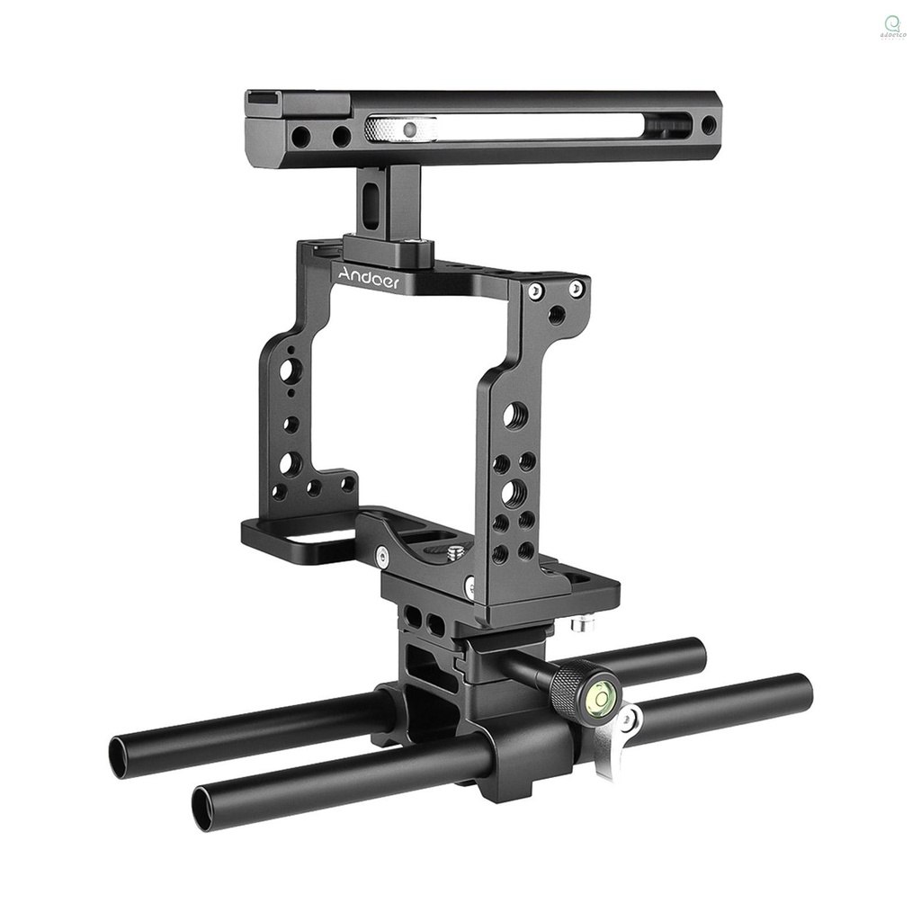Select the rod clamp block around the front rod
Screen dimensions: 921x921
526,751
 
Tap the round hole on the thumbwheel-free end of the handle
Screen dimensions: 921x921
709,125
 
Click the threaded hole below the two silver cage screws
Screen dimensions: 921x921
557,316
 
